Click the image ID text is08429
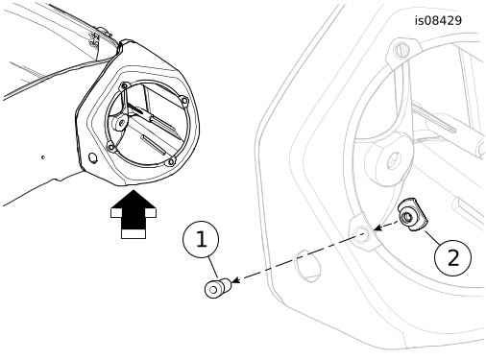pyautogui.click(x=438, y=21)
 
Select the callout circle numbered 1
pyautogui.click(x=201, y=239)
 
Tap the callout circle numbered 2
pyautogui.click(x=453, y=257)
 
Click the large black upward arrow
pyautogui.click(x=134, y=214)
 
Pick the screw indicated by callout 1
pyautogui.click(x=218, y=288)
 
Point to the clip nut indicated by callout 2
pyautogui.click(x=412, y=214)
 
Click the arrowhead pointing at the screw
pyautogui.click(x=235, y=280)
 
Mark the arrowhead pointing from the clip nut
pyautogui.click(x=378, y=228)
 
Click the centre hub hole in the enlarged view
pyautogui.click(x=394, y=161)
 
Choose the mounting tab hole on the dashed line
pyautogui.click(x=361, y=234)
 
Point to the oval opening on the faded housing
pyautogui.click(x=307, y=266)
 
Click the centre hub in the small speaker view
pyautogui.click(x=121, y=123)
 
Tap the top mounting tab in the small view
pyautogui.click(x=125, y=85)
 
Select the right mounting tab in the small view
pyautogui.click(x=184, y=101)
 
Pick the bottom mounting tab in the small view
pyautogui.click(x=170, y=162)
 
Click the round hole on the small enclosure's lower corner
pyautogui.click(x=93, y=158)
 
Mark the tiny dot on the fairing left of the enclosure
pyautogui.click(x=43, y=157)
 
